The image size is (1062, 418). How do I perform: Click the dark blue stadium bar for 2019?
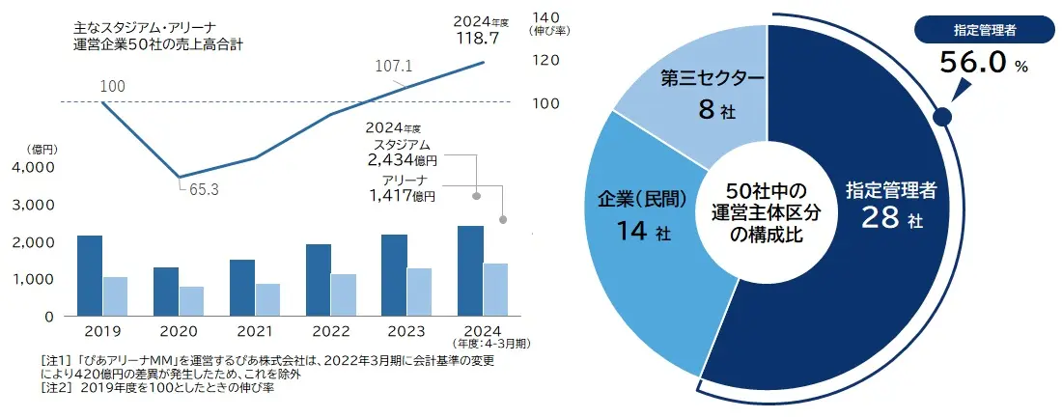90,275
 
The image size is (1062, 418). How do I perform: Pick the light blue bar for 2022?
344,294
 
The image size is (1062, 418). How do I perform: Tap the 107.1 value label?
394,66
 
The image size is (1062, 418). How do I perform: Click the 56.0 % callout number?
975,64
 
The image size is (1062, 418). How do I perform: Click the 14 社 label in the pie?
641,232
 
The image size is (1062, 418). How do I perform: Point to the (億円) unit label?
44,149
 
